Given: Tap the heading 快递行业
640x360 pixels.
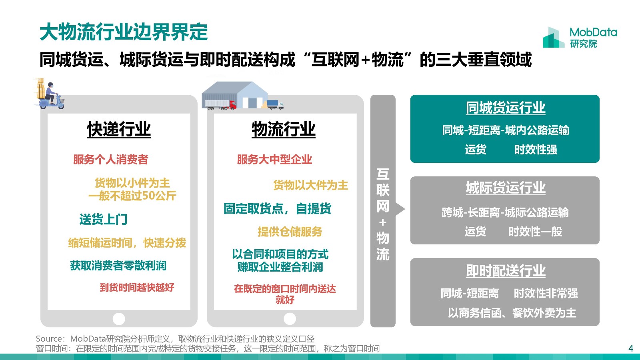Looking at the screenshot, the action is click(119, 130).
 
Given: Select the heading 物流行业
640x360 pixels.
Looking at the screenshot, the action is click(284, 130).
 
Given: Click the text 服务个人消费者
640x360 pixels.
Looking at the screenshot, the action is click(110, 160).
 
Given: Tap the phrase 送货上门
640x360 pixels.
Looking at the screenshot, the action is click(104, 220).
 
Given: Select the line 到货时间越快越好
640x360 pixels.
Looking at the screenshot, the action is click(137, 287).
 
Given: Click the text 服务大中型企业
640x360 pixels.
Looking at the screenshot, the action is click(274, 160).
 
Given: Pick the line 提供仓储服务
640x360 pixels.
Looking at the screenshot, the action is click(290, 232).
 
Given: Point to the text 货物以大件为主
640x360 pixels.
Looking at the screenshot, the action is click(310, 185).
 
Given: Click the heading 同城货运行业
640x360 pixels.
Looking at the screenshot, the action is click(506, 108).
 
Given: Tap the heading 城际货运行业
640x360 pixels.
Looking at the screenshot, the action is click(506, 188).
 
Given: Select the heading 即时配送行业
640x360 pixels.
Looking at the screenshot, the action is click(506, 270).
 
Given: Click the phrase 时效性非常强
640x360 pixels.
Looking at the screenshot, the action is click(546, 293).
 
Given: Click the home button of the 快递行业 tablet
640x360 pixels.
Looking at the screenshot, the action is click(119, 318).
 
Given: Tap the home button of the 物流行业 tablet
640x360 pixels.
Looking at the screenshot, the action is click(290, 318).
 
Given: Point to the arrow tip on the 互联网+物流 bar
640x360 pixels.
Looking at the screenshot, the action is click(405, 209).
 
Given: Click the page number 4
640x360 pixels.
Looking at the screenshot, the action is click(631, 348).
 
